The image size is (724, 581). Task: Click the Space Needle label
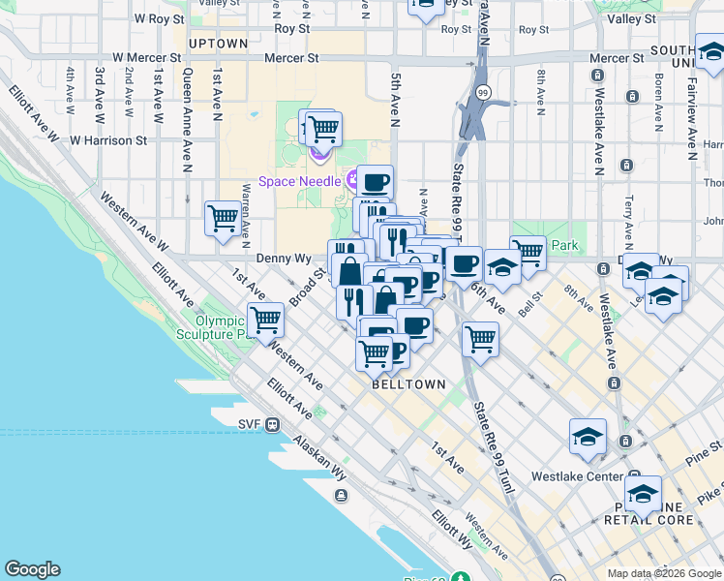click(299, 182)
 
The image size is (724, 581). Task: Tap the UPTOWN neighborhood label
click(218, 44)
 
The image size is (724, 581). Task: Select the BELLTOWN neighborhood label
click(409, 384)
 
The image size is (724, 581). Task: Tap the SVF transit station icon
click(274, 424)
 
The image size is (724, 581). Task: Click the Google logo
click(32, 569)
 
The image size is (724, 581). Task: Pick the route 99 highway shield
click(483, 92)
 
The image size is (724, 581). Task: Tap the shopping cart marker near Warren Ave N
click(223, 218)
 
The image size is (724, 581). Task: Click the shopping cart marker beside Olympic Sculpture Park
click(265, 320)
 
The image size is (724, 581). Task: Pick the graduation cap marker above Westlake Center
click(588, 437)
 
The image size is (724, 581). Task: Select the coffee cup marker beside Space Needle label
click(375, 181)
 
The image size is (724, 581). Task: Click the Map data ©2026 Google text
click(663, 573)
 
